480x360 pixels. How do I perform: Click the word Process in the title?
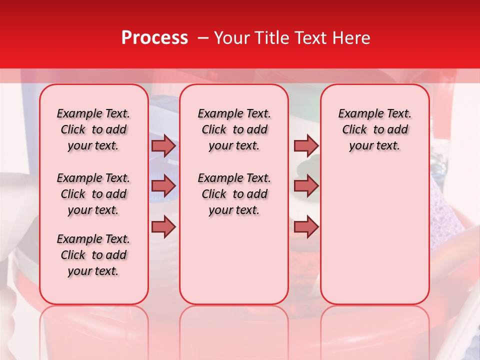pyautogui.click(x=154, y=38)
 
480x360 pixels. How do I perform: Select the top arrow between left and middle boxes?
pyautogui.click(x=163, y=146)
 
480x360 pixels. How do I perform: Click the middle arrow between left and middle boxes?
pyautogui.click(x=163, y=186)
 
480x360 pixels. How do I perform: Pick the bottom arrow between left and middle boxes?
pyautogui.click(x=163, y=226)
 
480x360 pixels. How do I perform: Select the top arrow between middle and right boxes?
pyautogui.click(x=305, y=146)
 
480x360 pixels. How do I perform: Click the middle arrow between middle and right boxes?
pyautogui.click(x=305, y=186)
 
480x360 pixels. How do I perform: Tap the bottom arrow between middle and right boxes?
pyautogui.click(x=305, y=226)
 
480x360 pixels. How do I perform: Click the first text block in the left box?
pyautogui.click(x=93, y=129)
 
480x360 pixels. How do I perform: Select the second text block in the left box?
pyautogui.click(x=93, y=194)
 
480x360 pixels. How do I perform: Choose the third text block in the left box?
pyautogui.click(x=93, y=255)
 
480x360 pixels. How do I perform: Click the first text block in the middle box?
pyautogui.click(x=234, y=129)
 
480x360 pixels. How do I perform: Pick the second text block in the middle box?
pyautogui.click(x=234, y=194)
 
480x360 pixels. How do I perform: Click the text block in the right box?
pyautogui.click(x=374, y=129)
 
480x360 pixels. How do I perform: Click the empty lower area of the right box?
pyautogui.click(x=374, y=240)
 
